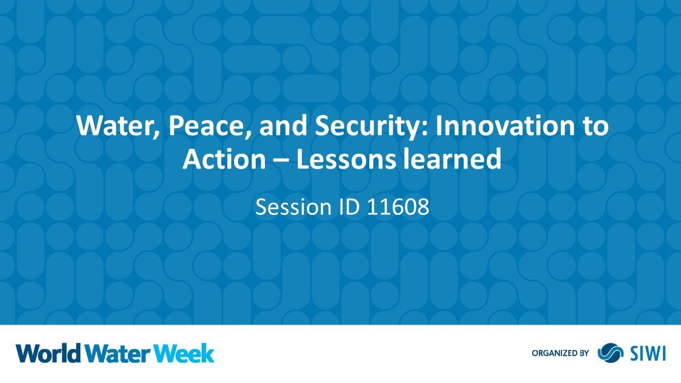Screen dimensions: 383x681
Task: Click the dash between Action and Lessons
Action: pyautogui.click(x=281, y=160)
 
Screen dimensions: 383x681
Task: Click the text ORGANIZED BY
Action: pyautogui.click(x=560, y=353)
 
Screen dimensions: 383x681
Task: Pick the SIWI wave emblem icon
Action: pyautogui.click(x=610, y=353)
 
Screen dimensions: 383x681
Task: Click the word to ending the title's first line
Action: pyautogui.click(x=594, y=127)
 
